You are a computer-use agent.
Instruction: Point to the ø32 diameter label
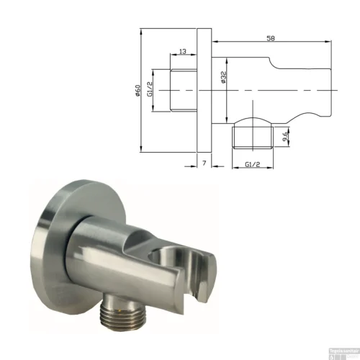pyautogui.click(x=224, y=78)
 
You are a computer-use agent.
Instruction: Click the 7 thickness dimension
pyautogui.click(x=204, y=165)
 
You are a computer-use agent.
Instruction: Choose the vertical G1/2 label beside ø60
pyautogui.click(x=151, y=89)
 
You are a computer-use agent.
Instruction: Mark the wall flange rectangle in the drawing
pyautogui.click(x=204, y=90)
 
